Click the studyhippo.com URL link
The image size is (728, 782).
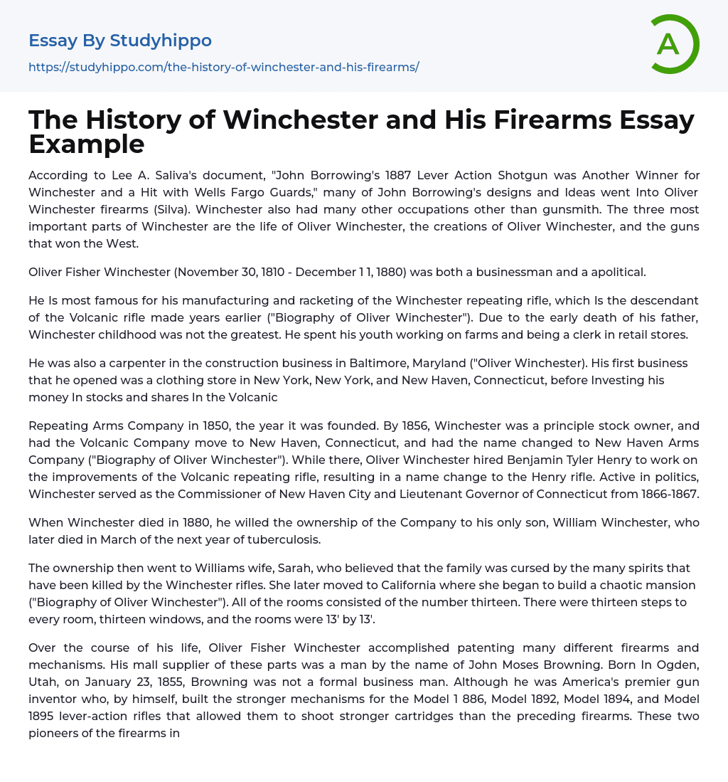[223, 67]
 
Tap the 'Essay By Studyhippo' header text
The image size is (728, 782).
[120, 41]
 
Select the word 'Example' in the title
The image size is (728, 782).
[87, 144]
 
